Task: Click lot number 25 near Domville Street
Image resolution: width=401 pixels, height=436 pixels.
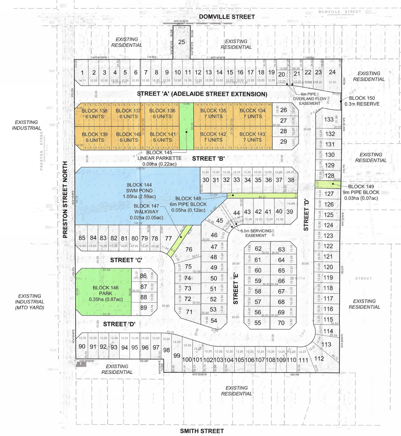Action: (181, 42)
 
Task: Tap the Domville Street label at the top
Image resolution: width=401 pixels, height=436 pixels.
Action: (227, 16)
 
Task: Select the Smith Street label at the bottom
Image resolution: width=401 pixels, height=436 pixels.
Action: (202, 431)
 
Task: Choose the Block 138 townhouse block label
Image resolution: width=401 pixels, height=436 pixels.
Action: (94, 113)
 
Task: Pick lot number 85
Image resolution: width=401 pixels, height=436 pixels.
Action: (83, 238)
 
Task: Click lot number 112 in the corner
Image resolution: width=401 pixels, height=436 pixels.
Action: (319, 359)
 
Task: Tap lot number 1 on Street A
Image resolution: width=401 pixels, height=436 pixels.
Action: (82, 73)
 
